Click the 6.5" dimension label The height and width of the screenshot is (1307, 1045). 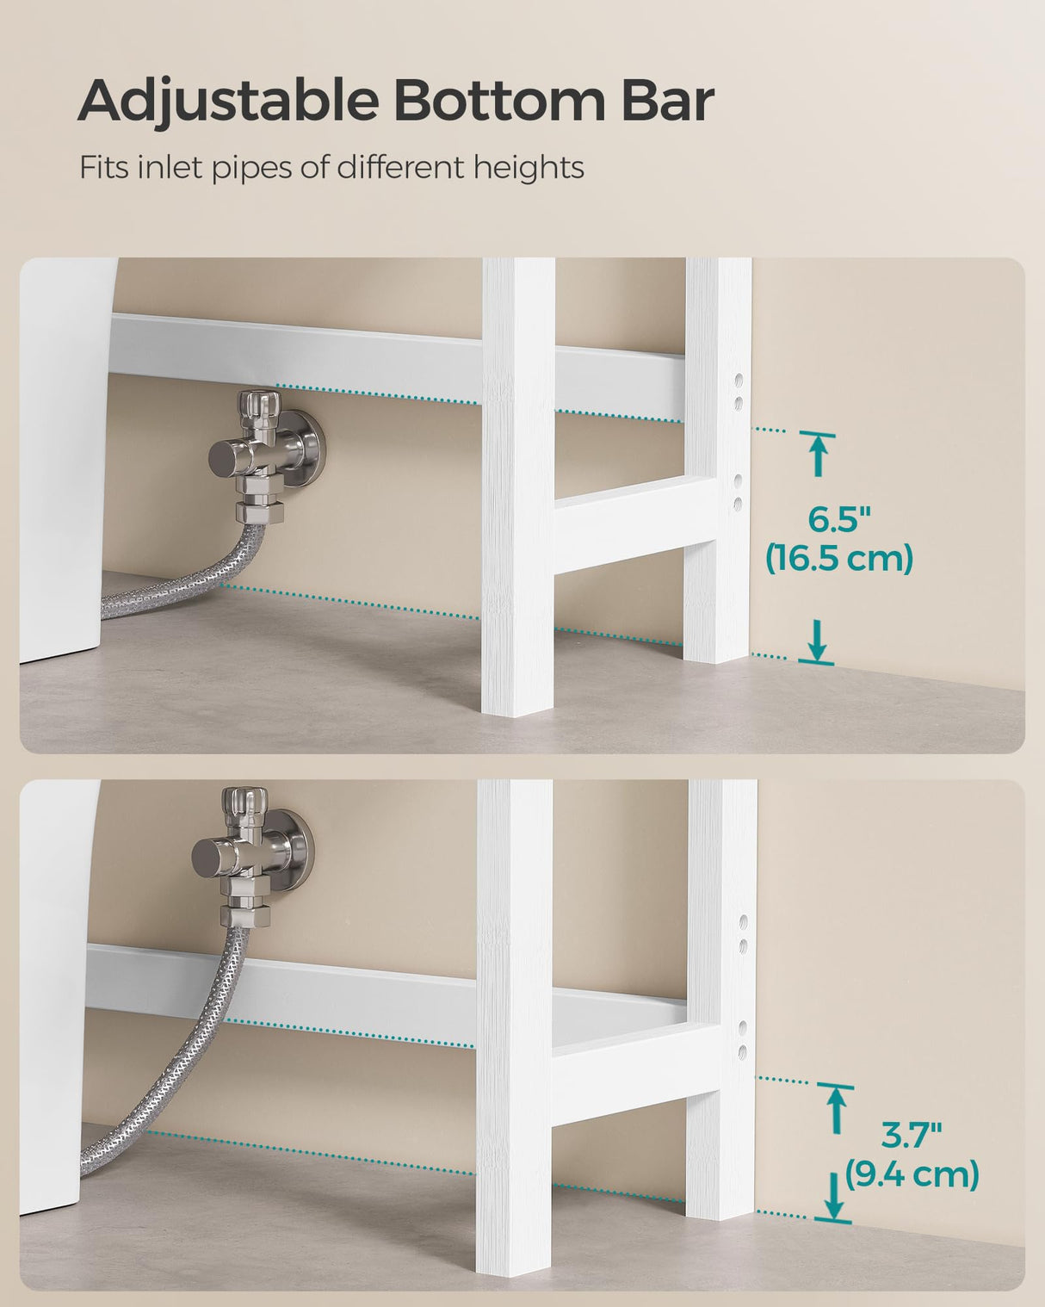pyautogui.click(x=839, y=520)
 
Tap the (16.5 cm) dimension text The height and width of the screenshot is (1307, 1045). pyautogui.click(x=839, y=560)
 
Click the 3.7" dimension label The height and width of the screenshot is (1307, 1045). pyautogui.click(x=912, y=1136)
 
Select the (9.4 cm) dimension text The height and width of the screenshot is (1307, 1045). pyautogui.click(x=912, y=1174)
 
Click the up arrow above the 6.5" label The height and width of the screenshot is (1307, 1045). pyautogui.click(x=818, y=454)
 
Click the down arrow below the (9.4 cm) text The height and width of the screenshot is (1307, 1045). pyautogui.click(x=833, y=1199)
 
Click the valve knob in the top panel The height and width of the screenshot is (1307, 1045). pyautogui.click(x=258, y=403)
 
